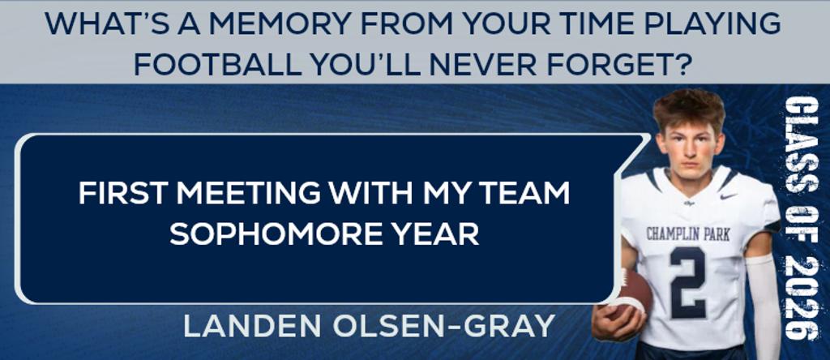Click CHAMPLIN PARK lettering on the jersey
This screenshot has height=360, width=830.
point(688,234)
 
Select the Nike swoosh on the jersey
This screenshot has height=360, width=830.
point(729,196)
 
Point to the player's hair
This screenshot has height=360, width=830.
point(689,108)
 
